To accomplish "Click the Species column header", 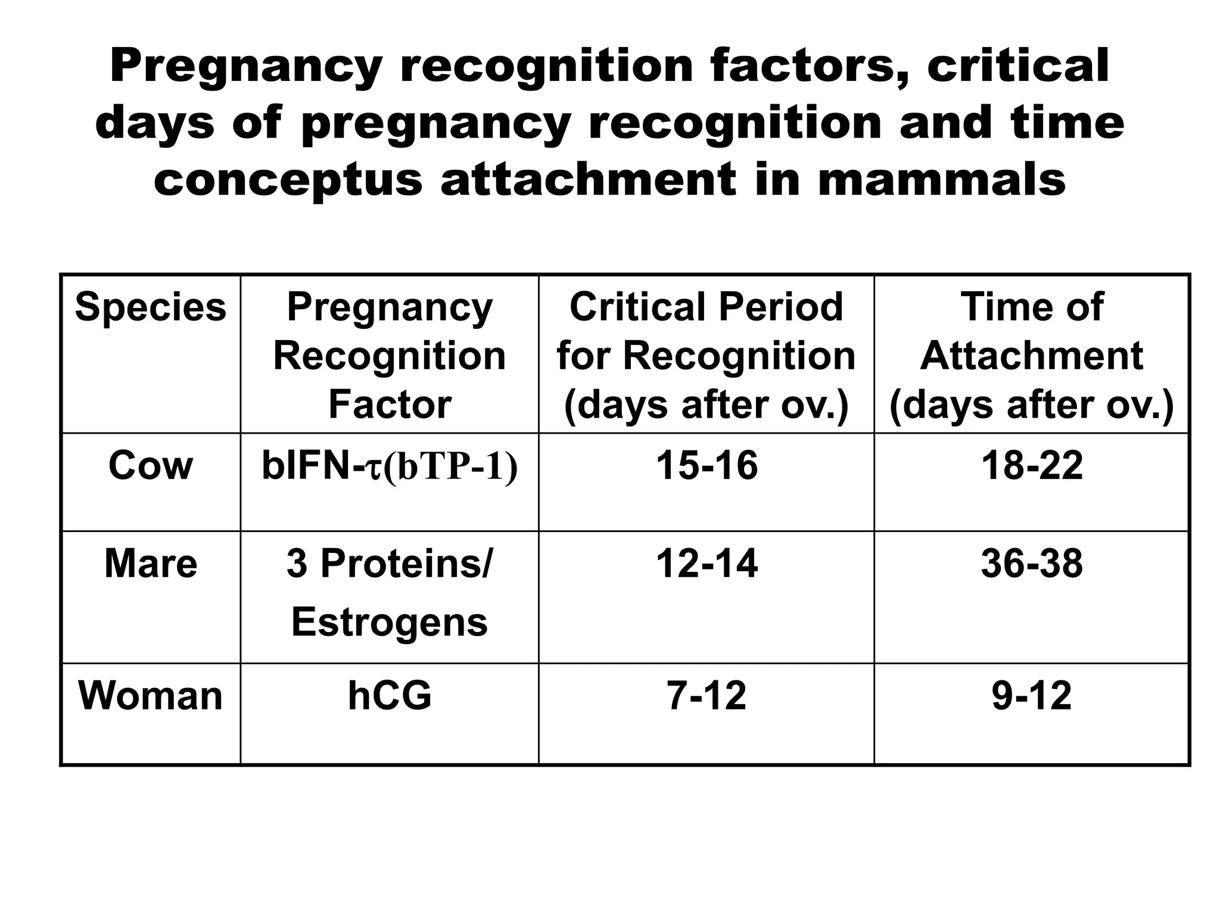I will click(x=151, y=308).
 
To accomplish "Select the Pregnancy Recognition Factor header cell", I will click(x=390, y=356).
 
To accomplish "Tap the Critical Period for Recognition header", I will click(x=706, y=356).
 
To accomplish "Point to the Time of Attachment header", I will click(x=1031, y=356).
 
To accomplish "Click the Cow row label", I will click(x=151, y=465).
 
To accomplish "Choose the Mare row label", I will click(x=151, y=564).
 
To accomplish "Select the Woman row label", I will click(x=151, y=695).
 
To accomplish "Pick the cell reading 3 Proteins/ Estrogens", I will click(x=390, y=592).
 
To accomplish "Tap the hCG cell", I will click(x=390, y=695).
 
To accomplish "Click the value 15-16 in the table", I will click(x=707, y=465).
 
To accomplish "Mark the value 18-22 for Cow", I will click(x=1032, y=465).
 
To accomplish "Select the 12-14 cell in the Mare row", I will click(x=707, y=564).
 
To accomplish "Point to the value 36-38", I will click(x=1032, y=564).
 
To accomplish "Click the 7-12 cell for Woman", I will click(x=707, y=695).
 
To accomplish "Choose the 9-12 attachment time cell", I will click(x=1032, y=695).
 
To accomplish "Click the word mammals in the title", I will click(x=941, y=179).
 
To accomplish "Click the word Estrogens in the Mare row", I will click(x=390, y=622).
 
